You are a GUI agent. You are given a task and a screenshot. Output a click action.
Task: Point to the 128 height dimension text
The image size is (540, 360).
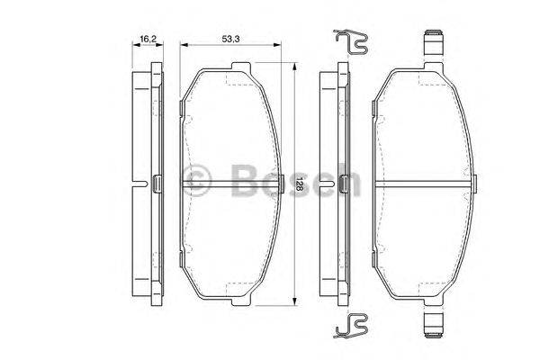tap(300, 186)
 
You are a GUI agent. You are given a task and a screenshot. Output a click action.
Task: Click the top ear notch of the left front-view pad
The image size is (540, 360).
tap(238, 67)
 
